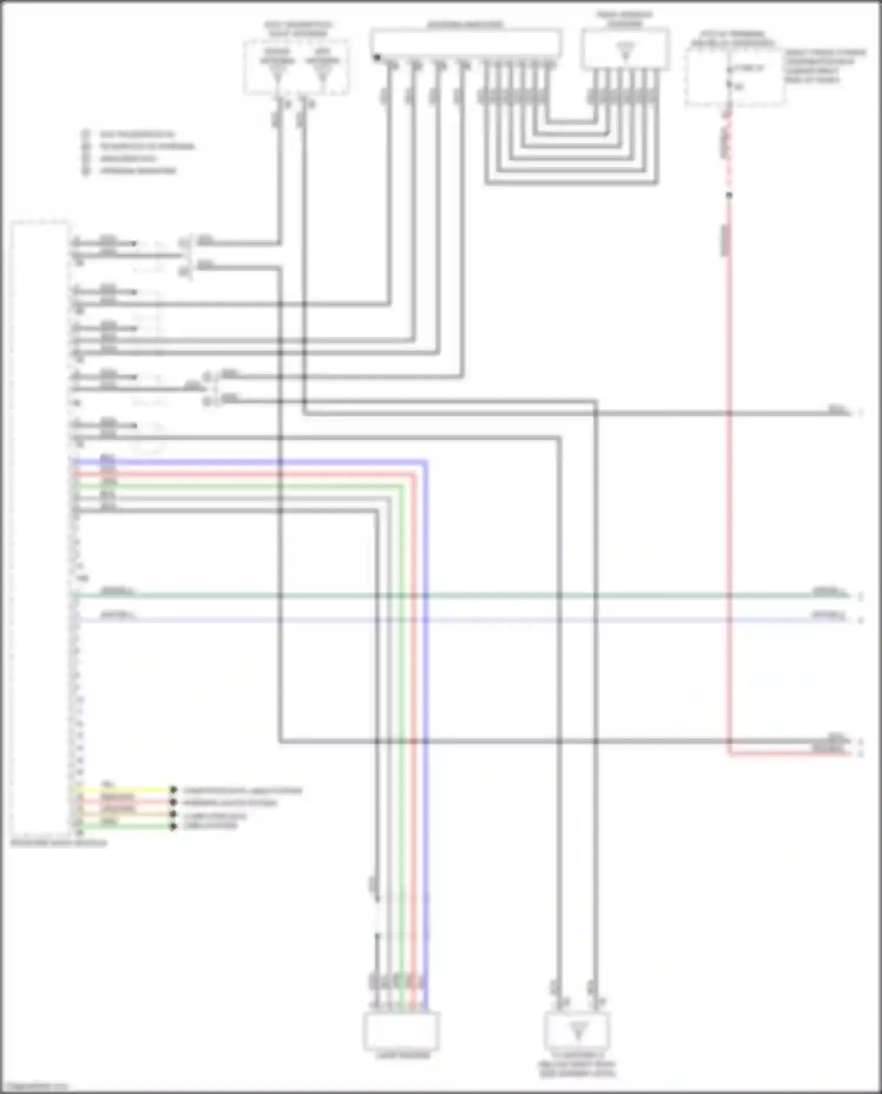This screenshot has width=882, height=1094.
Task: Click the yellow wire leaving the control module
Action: (129, 790)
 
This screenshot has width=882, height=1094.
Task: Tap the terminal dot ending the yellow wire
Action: (173, 790)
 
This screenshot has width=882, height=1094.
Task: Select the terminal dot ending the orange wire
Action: (173, 815)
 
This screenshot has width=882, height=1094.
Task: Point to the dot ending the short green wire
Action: (173, 827)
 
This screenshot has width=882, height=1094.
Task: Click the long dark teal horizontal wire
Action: (470, 595)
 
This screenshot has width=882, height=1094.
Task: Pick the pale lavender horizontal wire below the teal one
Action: (470, 620)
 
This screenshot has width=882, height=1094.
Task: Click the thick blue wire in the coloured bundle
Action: (426, 705)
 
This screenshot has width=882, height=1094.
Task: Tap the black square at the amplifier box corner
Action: (376, 57)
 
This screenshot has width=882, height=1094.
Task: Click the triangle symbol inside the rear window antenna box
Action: (626, 51)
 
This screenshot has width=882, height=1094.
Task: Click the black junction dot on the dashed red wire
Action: (729, 195)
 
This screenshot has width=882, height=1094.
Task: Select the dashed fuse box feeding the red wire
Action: (735, 76)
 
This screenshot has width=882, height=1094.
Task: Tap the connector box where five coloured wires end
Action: (402, 1031)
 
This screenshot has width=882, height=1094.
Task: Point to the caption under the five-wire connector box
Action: (403, 1056)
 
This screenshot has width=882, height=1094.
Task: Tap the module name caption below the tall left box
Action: (59, 842)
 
